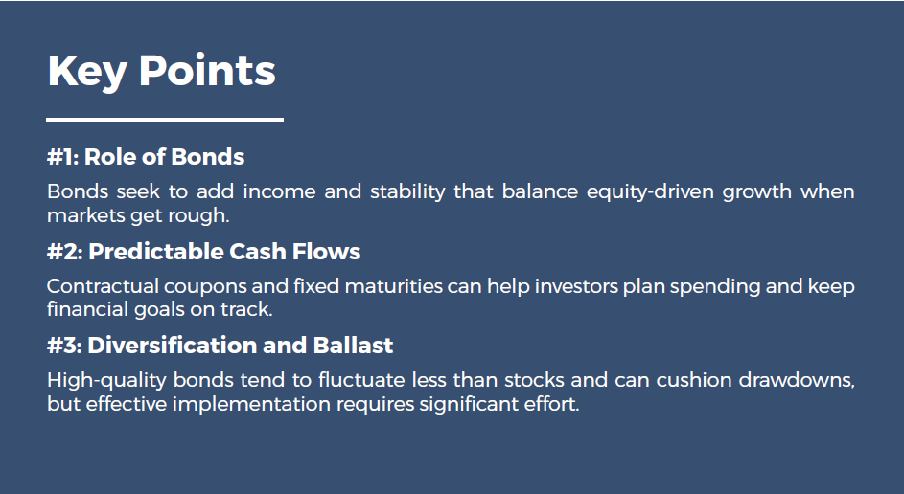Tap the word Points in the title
point(206,72)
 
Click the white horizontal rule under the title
point(165,120)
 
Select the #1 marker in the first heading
point(62,157)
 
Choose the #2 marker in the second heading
point(64,252)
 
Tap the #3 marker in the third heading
point(64,346)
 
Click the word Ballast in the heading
point(353,346)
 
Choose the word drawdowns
point(795,381)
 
